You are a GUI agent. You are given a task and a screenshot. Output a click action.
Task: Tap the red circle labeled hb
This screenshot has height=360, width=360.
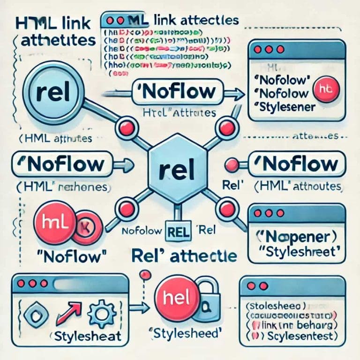click(x=325, y=87)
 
